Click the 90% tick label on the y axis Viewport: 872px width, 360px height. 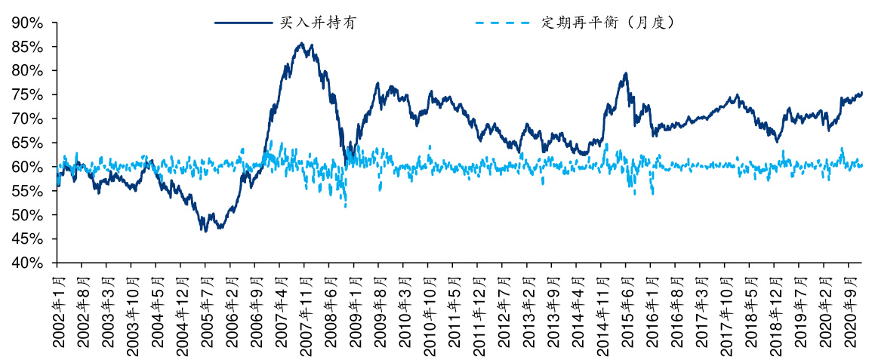coord(27,23)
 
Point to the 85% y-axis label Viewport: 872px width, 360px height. coord(27,47)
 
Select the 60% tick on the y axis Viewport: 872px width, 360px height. coord(27,167)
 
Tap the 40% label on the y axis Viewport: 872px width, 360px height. coord(27,263)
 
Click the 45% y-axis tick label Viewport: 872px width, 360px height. coord(27,239)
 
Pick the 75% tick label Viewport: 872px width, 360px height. coord(27,95)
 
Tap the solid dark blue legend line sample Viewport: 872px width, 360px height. coord(244,23)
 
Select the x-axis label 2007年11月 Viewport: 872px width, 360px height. coord(304,310)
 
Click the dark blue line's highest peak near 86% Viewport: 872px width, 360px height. coord(302,43)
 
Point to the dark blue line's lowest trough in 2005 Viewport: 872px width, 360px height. coord(205,231)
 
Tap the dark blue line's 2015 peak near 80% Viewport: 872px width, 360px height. coord(626,73)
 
